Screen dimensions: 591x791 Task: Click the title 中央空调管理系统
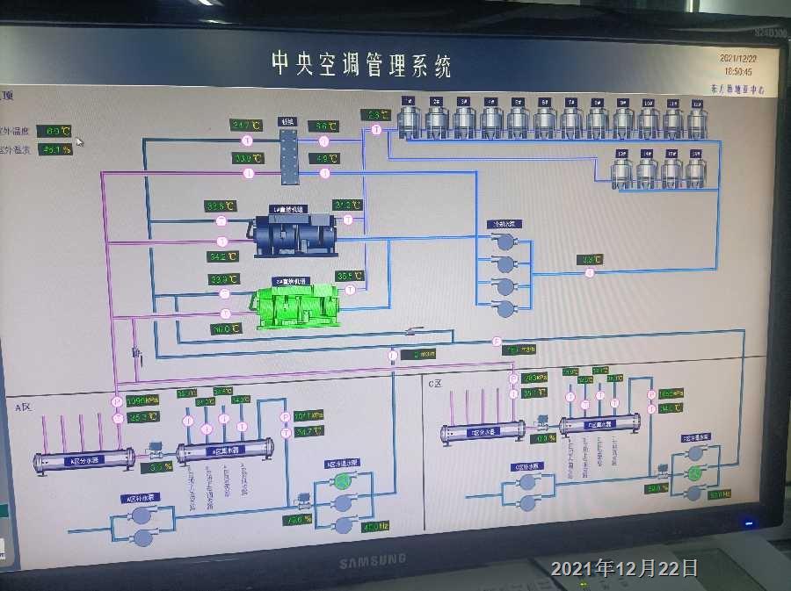[x=361, y=63]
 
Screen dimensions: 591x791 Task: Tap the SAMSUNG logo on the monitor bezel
[x=373, y=559]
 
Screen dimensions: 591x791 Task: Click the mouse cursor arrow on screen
[x=79, y=141]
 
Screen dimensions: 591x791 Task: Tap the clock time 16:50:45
[x=737, y=70]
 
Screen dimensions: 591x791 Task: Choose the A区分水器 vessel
[x=84, y=460]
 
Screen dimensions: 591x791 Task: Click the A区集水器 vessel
[x=225, y=451]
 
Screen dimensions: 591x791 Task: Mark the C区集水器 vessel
[x=599, y=425]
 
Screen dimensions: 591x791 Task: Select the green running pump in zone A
[x=342, y=481]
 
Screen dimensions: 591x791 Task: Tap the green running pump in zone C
[x=694, y=473]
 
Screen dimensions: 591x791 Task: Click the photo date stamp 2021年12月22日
[x=624, y=568]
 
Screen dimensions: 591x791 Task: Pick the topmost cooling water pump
[x=505, y=241]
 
